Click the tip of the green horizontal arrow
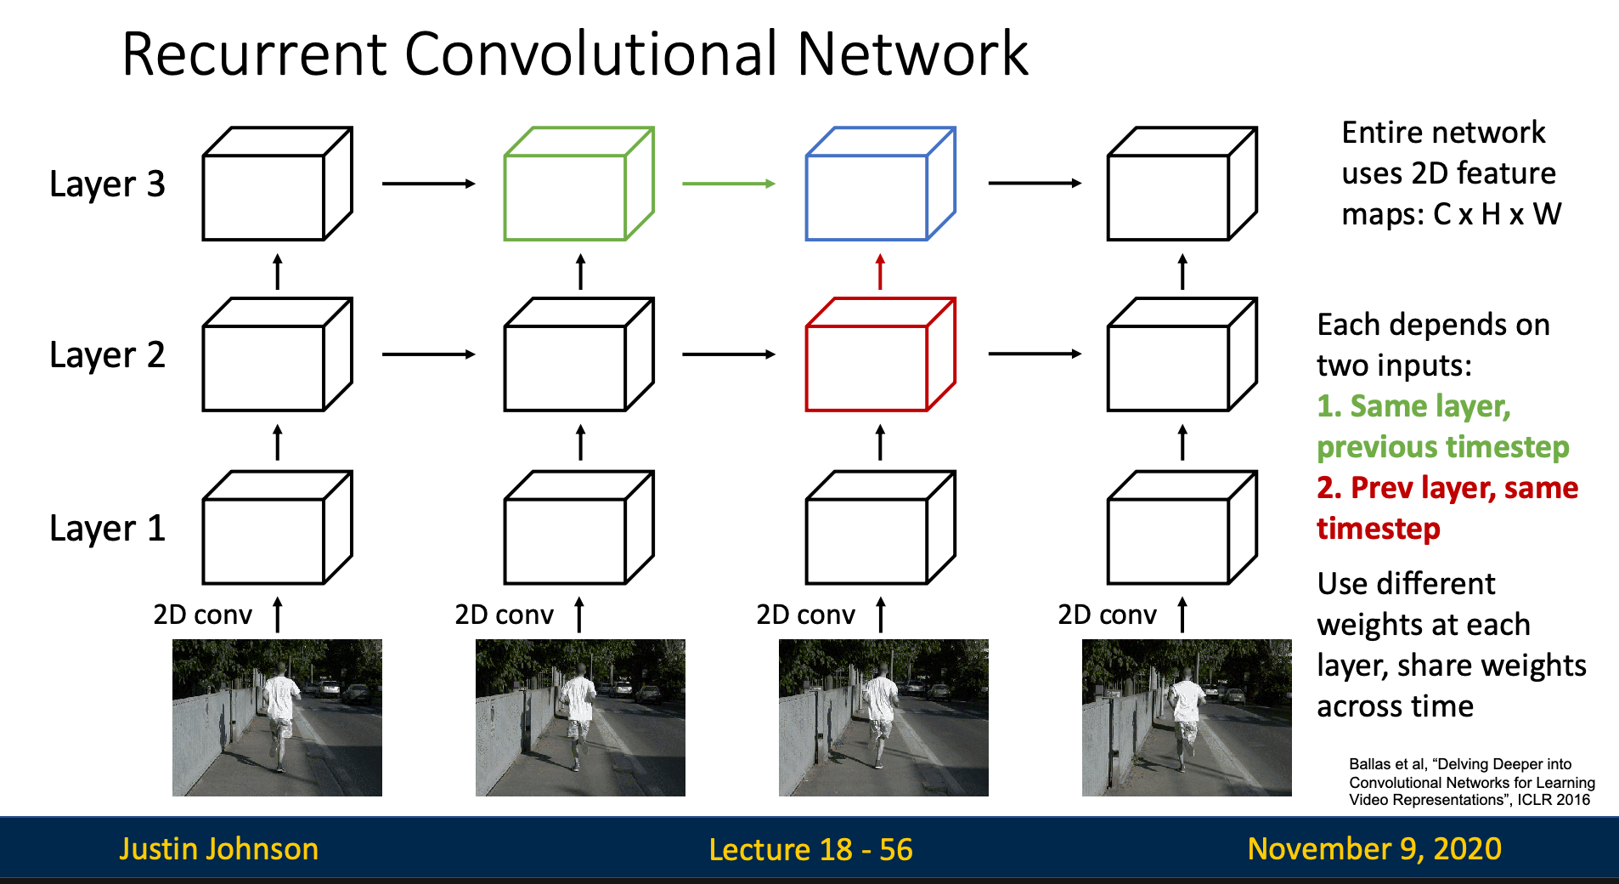775,184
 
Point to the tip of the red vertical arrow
880,254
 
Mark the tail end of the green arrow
683,184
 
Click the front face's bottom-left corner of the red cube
807,410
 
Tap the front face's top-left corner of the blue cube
807,156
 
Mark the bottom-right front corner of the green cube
625,239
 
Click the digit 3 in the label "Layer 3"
155,184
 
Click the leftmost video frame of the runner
277,717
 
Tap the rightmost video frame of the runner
1187,717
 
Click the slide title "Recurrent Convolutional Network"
575,54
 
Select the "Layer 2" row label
107,355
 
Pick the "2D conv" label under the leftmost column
202,615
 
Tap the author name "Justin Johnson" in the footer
218,849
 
